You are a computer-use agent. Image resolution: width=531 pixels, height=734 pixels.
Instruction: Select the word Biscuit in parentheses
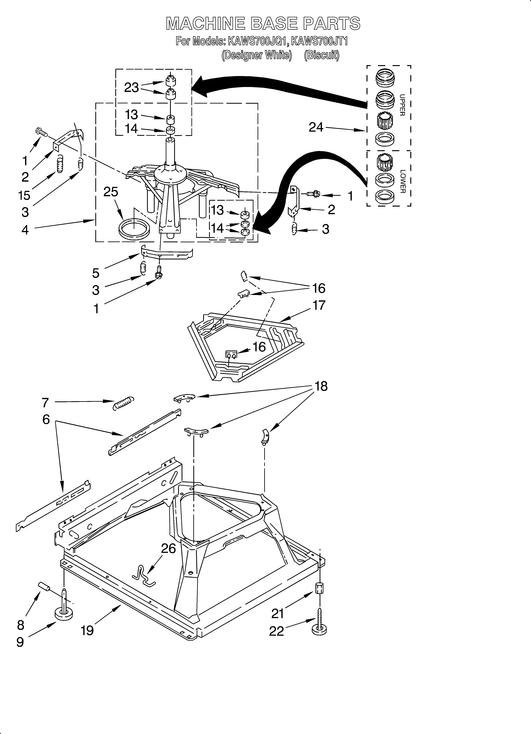pos(322,55)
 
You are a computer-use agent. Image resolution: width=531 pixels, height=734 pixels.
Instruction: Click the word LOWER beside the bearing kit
pos(402,181)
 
